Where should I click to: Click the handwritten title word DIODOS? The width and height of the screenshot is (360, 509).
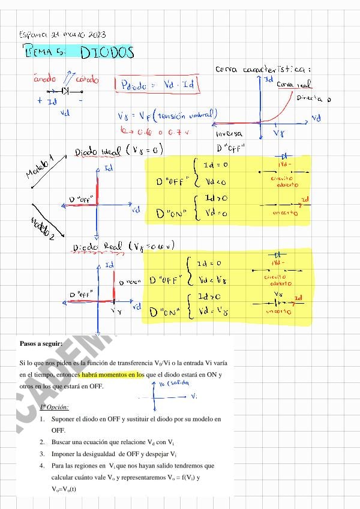(107, 53)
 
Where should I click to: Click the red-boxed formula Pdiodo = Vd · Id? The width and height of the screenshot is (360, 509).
(157, 85)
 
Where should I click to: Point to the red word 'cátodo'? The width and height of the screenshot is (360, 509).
(87, 79)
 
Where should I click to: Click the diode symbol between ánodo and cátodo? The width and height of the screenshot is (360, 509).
(65, 91)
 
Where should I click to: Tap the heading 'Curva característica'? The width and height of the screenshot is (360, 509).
(262, 70)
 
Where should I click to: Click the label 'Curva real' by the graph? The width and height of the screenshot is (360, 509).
(293, 85)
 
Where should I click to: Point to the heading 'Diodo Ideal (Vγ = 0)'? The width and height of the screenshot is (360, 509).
(118, 151)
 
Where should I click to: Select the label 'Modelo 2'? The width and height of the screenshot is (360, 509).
(42, 229)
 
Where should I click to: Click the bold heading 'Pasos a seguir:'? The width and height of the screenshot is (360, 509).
(40, 344)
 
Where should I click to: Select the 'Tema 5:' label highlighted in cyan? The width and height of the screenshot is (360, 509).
(45, 52)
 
